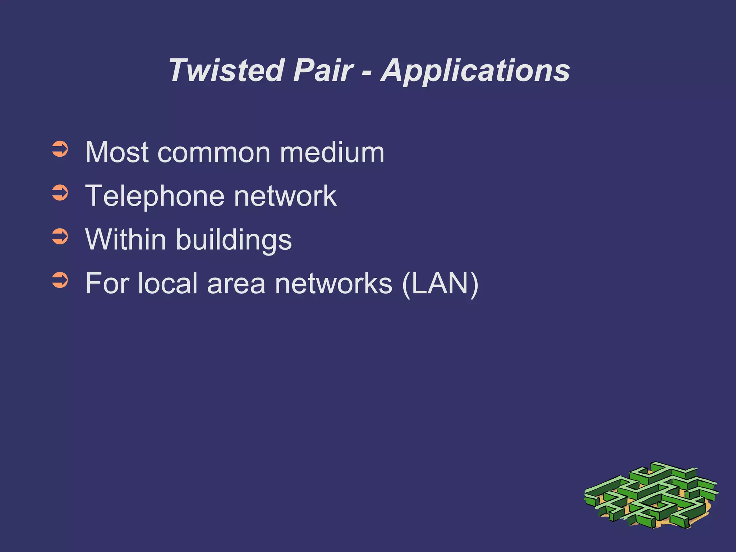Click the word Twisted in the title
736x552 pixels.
tap(226, 70)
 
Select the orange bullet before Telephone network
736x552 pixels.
tap(60, 193)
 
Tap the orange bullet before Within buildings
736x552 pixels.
tap(60, 237)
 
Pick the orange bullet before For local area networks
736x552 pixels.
tap(60, 280)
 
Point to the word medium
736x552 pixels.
tap(332, 152)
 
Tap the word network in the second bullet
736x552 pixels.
tap(285, 196)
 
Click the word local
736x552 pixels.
tap(167, 284)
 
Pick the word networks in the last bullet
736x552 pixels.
tap(333, 284)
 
